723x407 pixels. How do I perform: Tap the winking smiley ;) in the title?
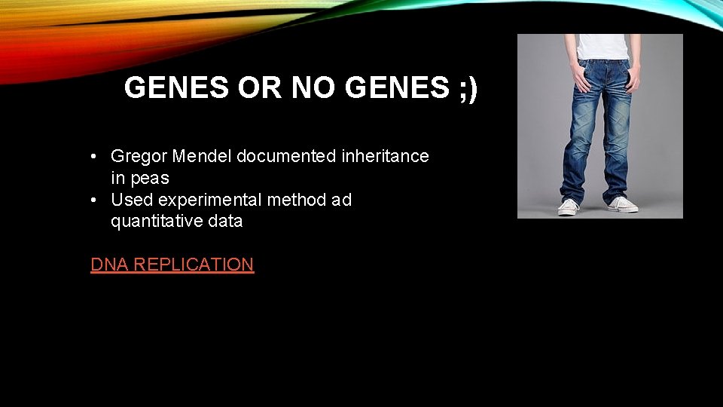(467, 88)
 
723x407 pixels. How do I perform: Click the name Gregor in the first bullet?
(139, 156)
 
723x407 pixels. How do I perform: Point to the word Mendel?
(202, 156)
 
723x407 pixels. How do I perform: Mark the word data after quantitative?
(225, 222)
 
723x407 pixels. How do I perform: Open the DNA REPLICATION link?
(172, 265)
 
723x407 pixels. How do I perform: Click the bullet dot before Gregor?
(92, 157)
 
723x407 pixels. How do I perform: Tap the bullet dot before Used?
(92, 200)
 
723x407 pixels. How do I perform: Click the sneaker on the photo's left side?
(569, 207)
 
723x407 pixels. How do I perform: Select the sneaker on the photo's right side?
(622, 203)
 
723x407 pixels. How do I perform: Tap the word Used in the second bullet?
(132, 200)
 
